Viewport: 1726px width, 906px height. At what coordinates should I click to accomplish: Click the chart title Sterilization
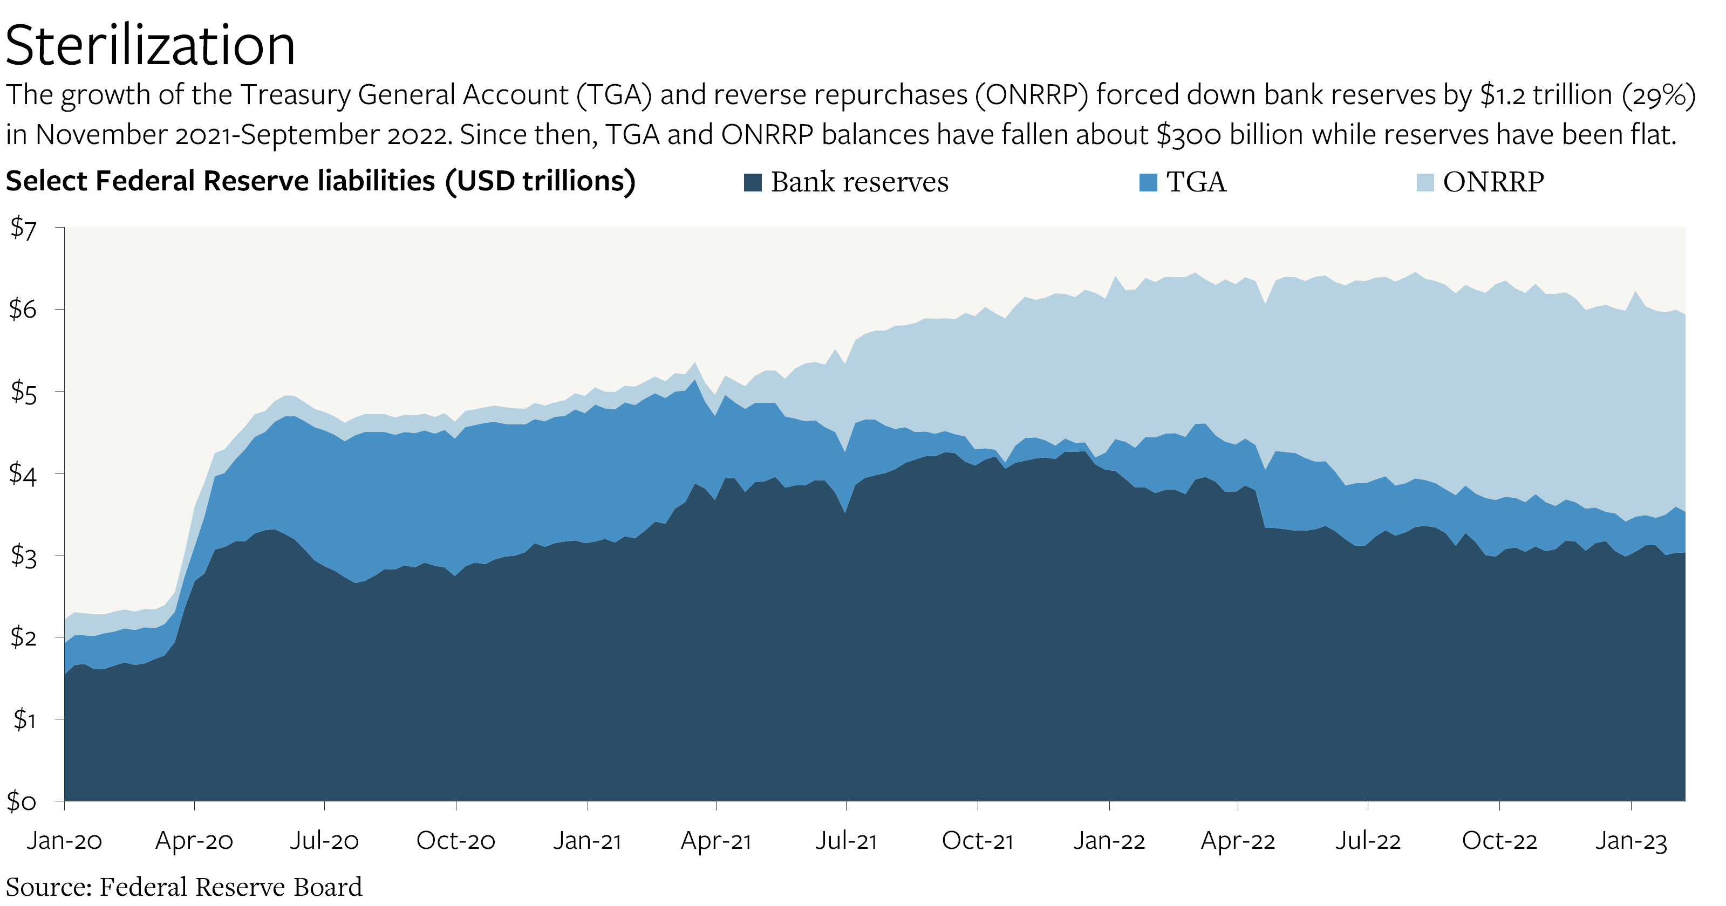coord(150,45)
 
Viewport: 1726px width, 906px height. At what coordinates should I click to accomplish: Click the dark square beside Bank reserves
coord(753,182)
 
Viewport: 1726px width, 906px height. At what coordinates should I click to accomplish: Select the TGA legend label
coord(1196,182)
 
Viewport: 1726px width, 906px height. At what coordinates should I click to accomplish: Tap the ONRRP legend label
coord(1493,182)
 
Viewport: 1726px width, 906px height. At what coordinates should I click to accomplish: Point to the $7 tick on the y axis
coord(23,229)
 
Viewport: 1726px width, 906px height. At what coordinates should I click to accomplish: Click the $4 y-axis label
coord(23,474)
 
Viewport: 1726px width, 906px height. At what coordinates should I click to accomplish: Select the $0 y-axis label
coord(22,801)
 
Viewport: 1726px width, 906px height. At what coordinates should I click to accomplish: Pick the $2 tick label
coord(23,637)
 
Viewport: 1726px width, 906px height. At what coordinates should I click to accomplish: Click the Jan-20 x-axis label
coord(64,840)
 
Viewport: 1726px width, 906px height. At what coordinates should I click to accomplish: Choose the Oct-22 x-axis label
coord(1499,840)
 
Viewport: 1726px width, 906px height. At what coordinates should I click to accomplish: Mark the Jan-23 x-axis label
coord(1630,840)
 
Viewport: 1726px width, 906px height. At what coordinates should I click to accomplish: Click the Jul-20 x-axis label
coord(324,840)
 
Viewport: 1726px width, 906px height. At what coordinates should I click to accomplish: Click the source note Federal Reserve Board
coord(230,887)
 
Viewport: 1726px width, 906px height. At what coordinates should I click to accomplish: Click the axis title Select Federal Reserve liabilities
coord(320,181)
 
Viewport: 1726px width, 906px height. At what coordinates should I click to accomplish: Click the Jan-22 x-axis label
coord(1109,840)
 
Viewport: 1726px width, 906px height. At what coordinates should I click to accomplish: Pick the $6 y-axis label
coord(23,310)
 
